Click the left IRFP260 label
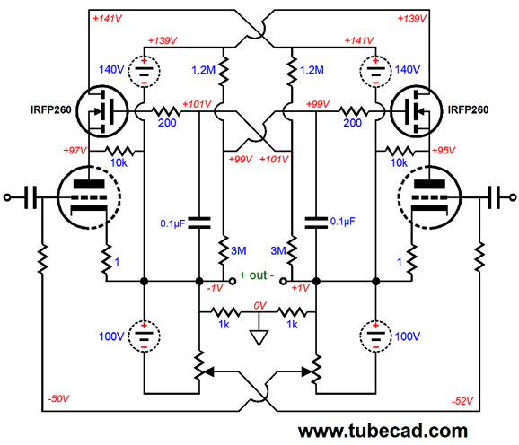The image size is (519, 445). tap(50, 109)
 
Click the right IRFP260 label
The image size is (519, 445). tap(468, 109)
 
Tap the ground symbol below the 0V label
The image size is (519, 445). tap(259, 337)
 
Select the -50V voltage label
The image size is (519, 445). tap(58, 398)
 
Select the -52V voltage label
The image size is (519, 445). tap(462, 401)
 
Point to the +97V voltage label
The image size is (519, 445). tap(75, 151)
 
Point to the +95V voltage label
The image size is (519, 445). tap(444, 151)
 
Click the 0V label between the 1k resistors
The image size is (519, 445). tap(259, 306)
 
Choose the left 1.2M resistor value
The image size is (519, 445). tap(203, 70)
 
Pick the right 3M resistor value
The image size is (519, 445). tap(278, 250)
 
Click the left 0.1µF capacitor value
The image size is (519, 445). tap(172, 223)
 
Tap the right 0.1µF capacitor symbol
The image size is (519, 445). tap(316, 222)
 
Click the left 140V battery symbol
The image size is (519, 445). tap(144, 72)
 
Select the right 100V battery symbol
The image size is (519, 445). tap(375, 336)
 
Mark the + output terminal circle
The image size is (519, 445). tap(233, 282)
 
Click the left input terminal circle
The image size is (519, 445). tap(7, 197)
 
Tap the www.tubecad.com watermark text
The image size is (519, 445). tap(383, 431)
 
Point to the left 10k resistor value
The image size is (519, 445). tap(119, 162)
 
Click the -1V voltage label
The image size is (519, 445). tap(216, 288)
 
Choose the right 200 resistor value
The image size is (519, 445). tap(353, 123)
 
